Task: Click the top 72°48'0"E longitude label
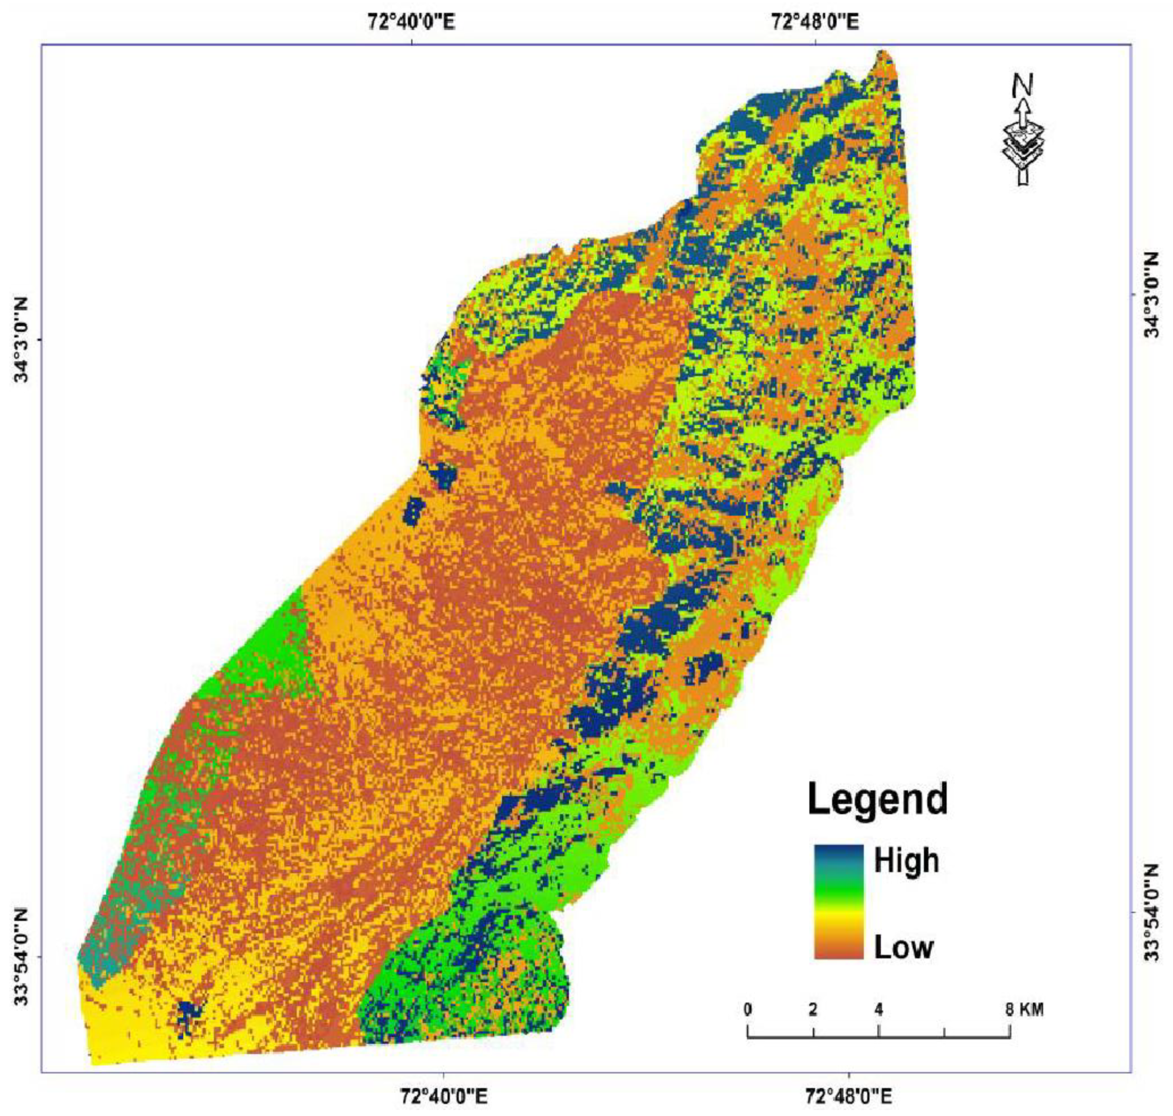(816, 23)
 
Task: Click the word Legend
(877, 799)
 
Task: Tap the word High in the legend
(906, 861)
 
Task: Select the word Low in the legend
(903, 947)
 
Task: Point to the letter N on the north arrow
(1022, 85)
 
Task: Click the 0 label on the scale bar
(747, 1010)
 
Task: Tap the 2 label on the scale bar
(813, 1010)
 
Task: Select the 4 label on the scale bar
(879, 1010)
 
